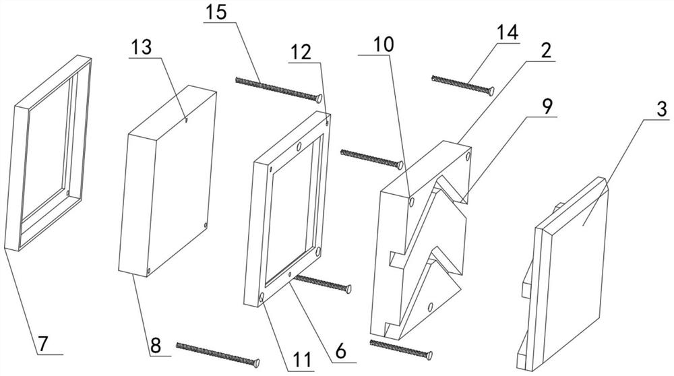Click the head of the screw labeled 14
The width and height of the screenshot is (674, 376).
click(x=491, y=90)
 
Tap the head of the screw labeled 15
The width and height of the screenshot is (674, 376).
click(x=318, y=98)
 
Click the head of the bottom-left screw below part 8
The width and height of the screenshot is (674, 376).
click(x=256, y=364)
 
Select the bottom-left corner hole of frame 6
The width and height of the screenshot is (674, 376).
click(x=261, y=296)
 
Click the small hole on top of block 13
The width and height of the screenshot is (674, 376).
click(x=187, y=122)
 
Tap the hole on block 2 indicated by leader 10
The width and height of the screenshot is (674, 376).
click(x=411, y=199)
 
